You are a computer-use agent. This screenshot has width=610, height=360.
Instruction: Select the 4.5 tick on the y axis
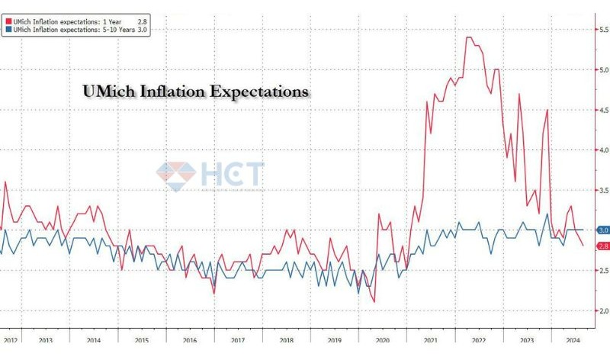tap(602, 110)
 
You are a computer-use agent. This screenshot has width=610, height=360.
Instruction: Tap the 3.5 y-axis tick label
tap(602, 190)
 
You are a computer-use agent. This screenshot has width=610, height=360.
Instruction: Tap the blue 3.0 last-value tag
tap(602, 230)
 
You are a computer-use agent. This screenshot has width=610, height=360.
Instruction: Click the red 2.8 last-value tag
tap(602, 246)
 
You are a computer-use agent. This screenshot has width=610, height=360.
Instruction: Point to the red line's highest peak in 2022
tap(468, 37)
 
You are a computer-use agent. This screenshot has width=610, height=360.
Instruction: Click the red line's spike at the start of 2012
tap(5, 182)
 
